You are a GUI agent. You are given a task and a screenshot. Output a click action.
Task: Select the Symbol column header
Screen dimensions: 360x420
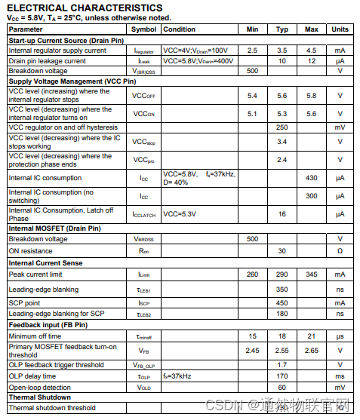(143, 29)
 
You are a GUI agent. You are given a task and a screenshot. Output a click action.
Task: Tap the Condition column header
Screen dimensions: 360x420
(180, 29)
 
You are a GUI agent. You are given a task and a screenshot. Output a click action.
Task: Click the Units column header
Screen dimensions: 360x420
(340, 29)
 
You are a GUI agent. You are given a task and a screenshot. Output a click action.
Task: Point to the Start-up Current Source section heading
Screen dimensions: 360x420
(66, 40)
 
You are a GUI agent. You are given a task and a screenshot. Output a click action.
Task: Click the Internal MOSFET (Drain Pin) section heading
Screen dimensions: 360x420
(54, 228)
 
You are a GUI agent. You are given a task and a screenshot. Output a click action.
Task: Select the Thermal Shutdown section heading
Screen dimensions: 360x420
(39, 397)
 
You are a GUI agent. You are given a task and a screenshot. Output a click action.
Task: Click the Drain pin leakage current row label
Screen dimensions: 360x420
(47, 60)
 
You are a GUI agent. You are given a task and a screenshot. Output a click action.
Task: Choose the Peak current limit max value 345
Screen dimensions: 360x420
(311, 275)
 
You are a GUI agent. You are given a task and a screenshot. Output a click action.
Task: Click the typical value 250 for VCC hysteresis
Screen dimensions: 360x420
(282, 127)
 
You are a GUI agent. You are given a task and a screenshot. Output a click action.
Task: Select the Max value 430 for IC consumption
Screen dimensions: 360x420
(311, 178)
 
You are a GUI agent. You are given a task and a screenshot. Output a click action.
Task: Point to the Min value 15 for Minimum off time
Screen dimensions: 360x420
(252, 336)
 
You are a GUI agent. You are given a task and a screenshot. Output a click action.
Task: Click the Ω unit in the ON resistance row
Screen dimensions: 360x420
(340, 250)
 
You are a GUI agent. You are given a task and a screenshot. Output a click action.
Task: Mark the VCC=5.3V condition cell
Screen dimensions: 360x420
(180, 214)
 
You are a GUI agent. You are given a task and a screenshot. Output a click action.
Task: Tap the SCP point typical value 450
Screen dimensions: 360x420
(282, 302)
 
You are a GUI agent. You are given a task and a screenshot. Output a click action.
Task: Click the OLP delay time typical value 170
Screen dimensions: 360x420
(282, 376)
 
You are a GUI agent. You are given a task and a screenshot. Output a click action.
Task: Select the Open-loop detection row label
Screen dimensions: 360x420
(39, 387)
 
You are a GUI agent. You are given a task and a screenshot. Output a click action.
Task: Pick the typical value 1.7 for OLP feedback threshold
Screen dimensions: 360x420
(282, 364)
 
